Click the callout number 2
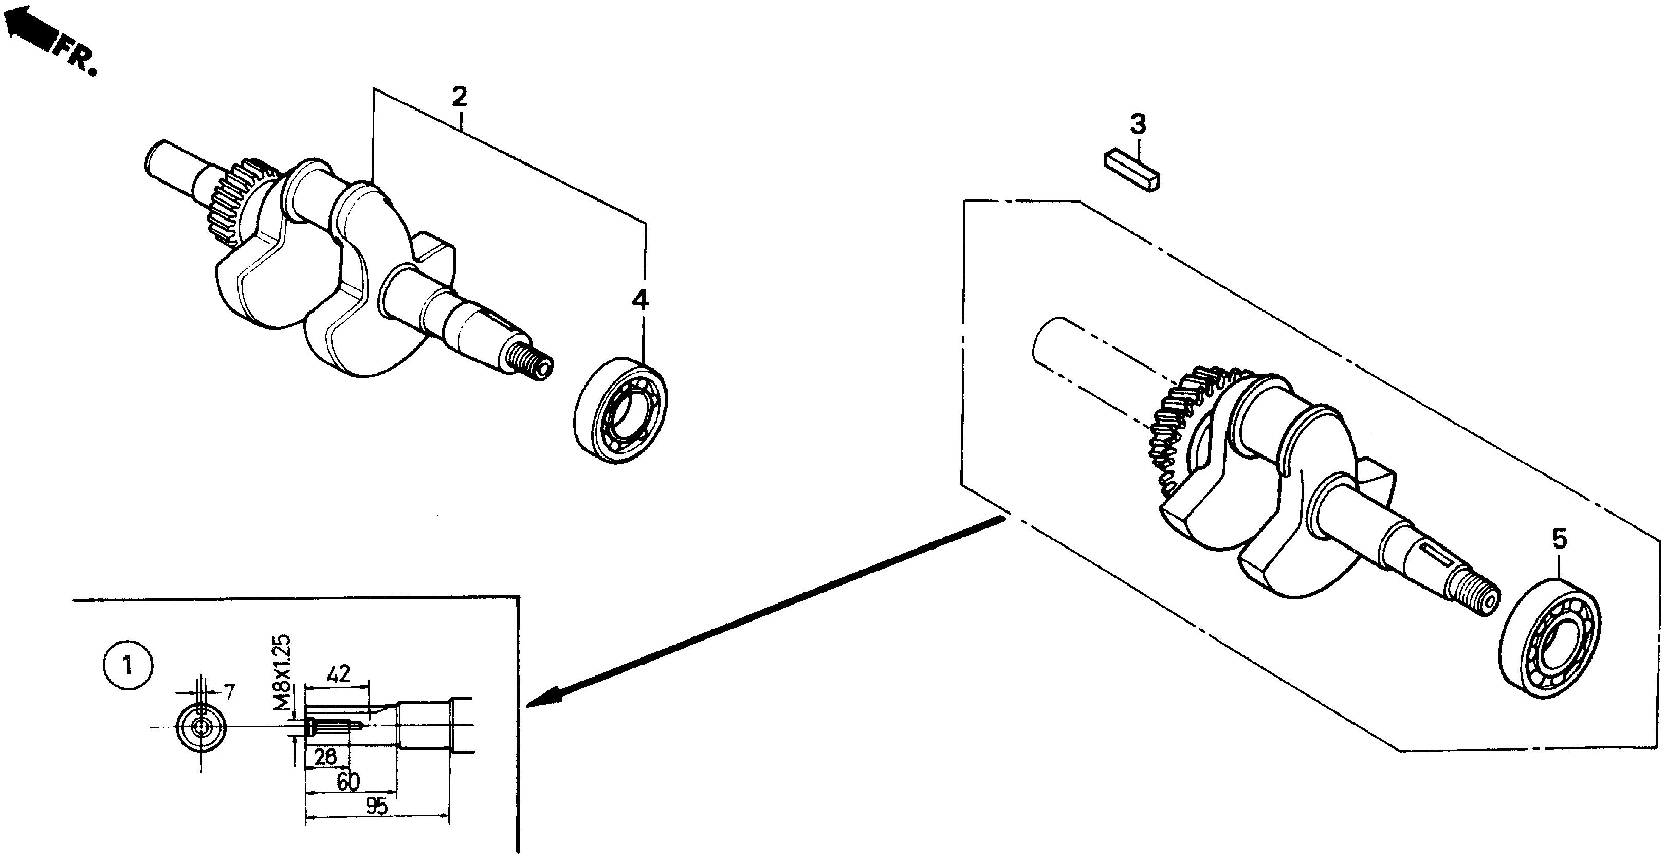pos(459,97)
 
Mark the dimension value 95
pos(376,807)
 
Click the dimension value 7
pos(229,692)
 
